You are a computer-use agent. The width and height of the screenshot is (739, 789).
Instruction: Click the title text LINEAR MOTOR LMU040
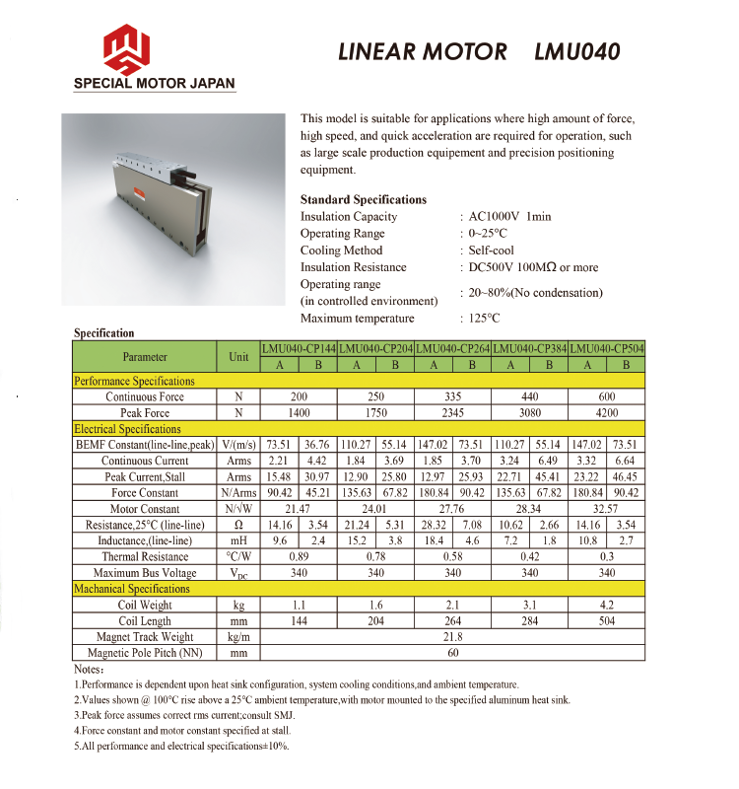479,51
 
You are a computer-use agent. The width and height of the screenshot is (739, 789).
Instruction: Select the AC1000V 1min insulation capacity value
509,217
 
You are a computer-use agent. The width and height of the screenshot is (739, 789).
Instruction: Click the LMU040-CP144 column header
299,349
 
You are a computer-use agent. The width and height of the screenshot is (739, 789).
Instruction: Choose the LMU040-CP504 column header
607,349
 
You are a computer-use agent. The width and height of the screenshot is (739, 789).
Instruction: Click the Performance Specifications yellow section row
135,381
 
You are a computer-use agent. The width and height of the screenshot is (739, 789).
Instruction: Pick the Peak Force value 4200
607,413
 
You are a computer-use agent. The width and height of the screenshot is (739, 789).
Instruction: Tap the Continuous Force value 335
453,397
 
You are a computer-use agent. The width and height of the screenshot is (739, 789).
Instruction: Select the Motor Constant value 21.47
299,509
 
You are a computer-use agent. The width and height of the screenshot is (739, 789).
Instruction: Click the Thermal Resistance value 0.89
299,557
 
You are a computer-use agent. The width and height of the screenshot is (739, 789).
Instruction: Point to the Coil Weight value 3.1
530,606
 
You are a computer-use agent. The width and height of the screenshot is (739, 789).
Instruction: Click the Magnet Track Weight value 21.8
453,637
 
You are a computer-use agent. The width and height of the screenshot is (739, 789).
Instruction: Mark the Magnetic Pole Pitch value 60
453,653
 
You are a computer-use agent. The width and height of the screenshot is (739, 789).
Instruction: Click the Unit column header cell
238,357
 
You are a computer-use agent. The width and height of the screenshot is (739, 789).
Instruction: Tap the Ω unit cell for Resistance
238,526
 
